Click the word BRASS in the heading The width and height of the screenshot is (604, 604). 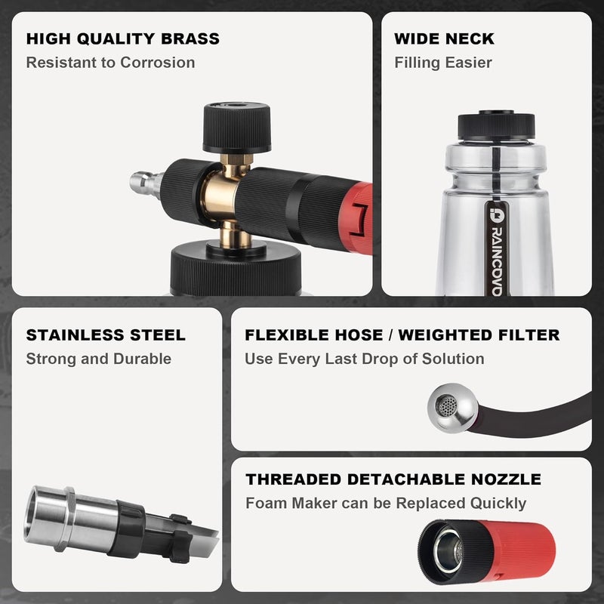point(190,39)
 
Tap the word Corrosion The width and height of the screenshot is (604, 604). point(158,63)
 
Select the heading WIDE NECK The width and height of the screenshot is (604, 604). point(444,39)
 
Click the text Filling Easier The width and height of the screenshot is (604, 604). point(443,63)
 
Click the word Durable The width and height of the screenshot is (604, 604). point(143,359)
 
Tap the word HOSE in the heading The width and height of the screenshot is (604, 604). point(359,335)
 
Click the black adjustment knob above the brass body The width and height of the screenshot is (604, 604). point(236,128)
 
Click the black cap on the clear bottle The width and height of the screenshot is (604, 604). point(496,126)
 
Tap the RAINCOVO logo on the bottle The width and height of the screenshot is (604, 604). point(497,250)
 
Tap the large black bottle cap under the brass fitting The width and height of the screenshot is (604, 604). point(236,269)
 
